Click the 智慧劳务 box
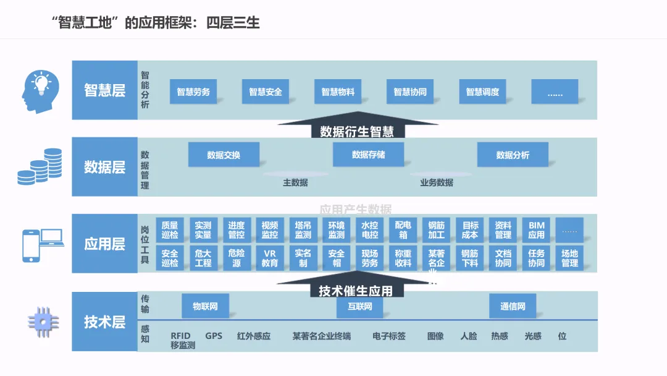tap(193, 92)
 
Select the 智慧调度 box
tap(482, 92)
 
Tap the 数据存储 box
tap(368, 155)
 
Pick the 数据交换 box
tap(224, 155)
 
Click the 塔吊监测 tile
tap(303, 230)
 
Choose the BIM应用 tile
tap(536, 230)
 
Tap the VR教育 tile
tap(270, 258)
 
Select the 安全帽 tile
tap(337, 258)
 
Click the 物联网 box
tap(205, 306)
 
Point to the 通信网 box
tap(513, 306)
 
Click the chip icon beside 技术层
tap(42, 321)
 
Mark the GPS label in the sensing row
tap(214, 336)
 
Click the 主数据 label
tap(295, 182)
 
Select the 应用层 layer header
tap(104, 244)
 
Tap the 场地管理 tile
tap(569, 258)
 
